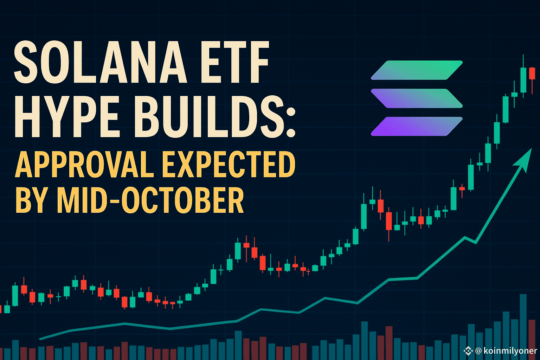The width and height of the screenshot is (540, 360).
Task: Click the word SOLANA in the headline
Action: coord(100,63)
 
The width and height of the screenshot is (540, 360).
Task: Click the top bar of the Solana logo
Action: coord(417,70)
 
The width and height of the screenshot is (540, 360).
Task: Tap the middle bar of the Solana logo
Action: coord(417,98)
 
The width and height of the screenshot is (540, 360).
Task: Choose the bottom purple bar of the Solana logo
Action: coord(417,126)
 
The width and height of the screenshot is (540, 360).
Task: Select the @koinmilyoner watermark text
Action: coord(506,351)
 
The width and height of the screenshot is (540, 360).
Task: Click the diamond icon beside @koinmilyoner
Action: coord(468,351)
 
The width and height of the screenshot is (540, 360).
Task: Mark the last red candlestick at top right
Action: coord(532,74)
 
